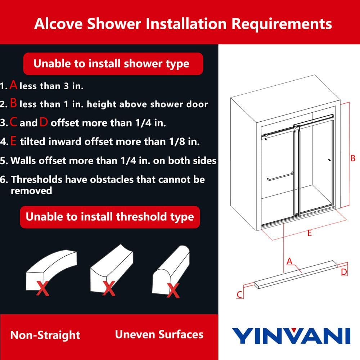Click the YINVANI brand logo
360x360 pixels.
(x=291, y=336)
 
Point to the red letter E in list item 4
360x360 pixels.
(x=13, y=141)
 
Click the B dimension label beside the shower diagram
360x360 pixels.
(x=353, y=158)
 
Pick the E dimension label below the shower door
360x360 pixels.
(x=310, y=233)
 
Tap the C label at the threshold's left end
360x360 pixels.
(x=240, y=294)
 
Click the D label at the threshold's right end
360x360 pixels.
(x=344, y=272)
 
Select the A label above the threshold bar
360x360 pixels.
(x=289, y=261)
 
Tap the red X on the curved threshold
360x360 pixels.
(x=43, y=288)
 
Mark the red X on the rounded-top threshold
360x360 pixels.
(x=173, y=291)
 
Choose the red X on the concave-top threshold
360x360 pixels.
(x=109, y=288)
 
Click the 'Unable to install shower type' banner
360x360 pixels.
(x=113, y=64)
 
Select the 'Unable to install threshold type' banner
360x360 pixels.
(x=110, y=217)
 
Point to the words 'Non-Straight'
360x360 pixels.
(x=45, y=335)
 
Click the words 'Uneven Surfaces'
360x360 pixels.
(x=159, y=334)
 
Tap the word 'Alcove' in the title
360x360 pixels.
(x=59, y=24)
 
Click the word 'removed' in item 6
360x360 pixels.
(x=31, y=190)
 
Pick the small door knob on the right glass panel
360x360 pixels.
(x=329, y=160)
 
